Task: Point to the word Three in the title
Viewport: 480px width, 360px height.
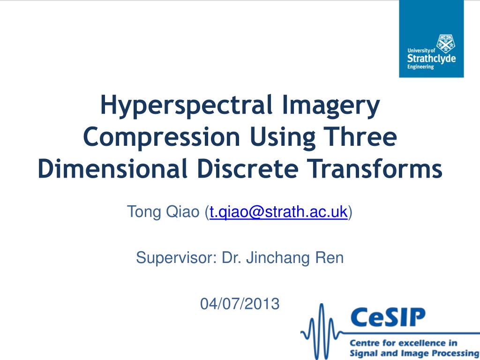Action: click(x=360, y=137)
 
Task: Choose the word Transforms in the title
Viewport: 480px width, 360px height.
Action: click(x=375, y=169)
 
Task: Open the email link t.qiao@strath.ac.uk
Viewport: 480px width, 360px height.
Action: click(x=278, y=212)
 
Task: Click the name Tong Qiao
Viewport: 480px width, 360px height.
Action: click(x=163, y=212)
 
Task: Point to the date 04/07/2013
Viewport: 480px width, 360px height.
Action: click(x=240, y=304)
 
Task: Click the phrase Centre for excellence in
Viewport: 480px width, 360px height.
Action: click(x=404, y=343)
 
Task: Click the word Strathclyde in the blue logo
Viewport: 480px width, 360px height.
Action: click(x=431, y=58)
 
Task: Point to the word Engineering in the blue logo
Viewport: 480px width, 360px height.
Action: click(x=420, y=67)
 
